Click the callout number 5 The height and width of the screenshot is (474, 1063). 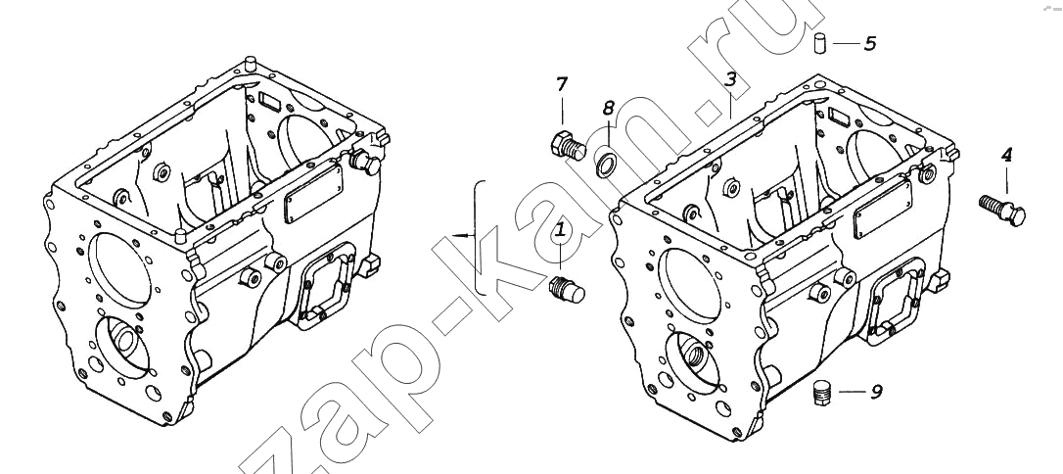click(870, 43)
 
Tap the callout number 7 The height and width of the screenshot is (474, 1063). click(561, 85)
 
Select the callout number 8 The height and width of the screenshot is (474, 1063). click(608, 107)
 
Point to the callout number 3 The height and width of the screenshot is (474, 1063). click(730, 79)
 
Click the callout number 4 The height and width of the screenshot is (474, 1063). click(1007, 155)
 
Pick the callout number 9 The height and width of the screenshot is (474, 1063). click(876, 392)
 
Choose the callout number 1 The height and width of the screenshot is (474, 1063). click(561, 230)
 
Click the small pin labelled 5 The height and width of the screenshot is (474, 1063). click(819, 43)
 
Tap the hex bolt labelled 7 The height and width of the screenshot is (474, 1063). click(567, 146)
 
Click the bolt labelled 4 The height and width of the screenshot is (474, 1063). click(1002, 209)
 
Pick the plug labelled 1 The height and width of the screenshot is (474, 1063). click(567, 290)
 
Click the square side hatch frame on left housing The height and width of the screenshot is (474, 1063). click(325, 287)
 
